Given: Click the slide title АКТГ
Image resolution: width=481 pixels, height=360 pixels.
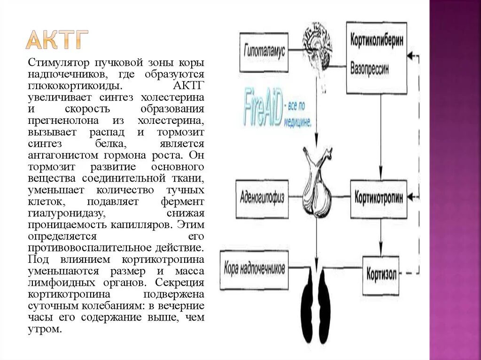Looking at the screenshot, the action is click(57, 40).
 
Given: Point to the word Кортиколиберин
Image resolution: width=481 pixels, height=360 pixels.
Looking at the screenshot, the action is click(377, 40).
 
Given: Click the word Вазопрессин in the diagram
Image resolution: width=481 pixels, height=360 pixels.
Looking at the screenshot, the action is click(370, 68).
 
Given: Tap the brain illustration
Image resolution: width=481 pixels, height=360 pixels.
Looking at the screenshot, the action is click(318, 45).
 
